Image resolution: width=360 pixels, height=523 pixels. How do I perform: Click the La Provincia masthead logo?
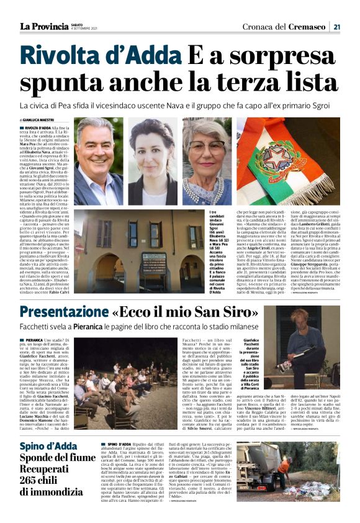pyautogui.click(x=43, y=26)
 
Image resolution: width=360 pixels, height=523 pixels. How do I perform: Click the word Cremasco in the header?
pyautogui.click(x=310, y=26)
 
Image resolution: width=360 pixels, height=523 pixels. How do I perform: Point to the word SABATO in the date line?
pyautogui.click(x=79, y=24)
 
